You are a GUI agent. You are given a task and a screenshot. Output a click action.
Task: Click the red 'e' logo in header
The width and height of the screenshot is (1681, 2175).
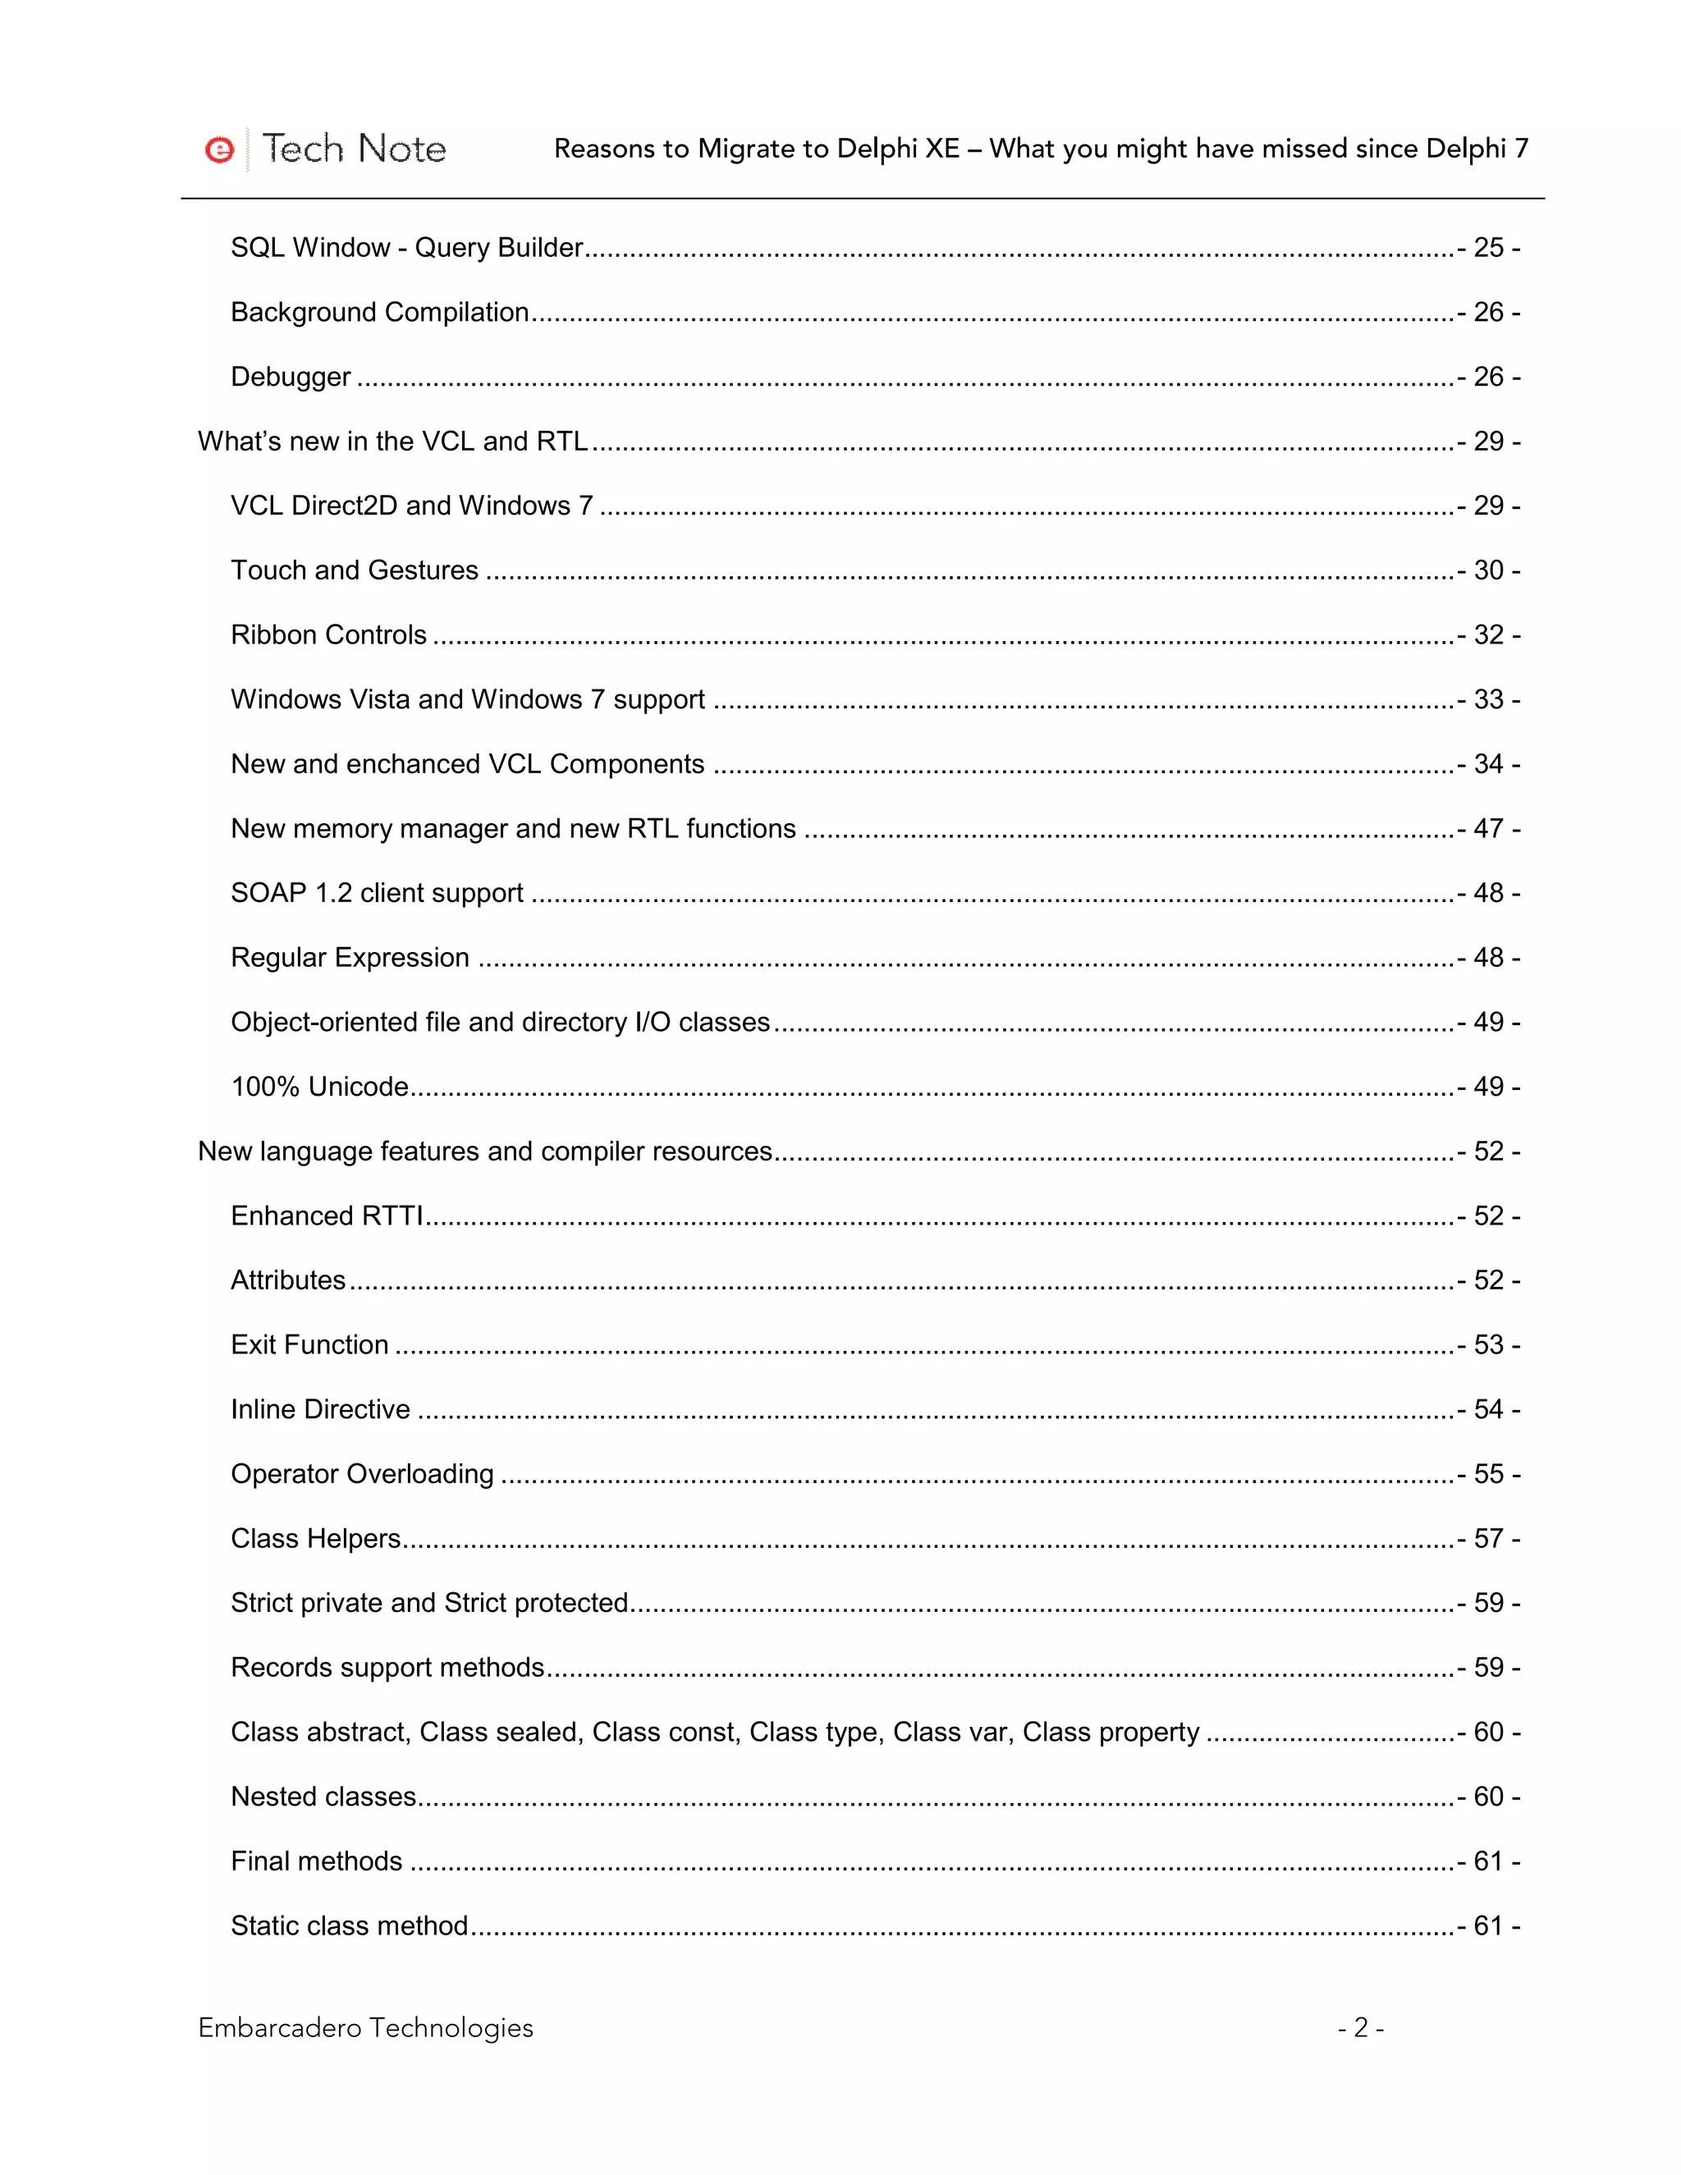coord(219,149)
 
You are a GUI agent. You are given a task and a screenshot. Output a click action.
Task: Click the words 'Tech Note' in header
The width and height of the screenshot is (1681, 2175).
coord(354,149)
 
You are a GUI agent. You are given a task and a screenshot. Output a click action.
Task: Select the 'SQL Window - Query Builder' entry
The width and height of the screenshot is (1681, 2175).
coord(406,247)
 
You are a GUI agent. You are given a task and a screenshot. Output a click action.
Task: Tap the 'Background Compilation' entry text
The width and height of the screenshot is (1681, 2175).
coord(379,312)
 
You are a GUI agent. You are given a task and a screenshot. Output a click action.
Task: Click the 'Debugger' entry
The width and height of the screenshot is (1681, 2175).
coord(290,377)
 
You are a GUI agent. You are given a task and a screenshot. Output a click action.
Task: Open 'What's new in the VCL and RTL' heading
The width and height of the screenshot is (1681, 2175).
coord(392,442)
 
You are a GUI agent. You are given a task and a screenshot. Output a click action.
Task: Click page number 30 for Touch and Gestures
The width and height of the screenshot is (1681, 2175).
coord(1488,570)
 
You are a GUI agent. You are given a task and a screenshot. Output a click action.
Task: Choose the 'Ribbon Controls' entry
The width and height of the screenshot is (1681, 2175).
coord(328,634)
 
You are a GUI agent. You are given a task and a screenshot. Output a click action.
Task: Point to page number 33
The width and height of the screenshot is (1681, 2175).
coord(1488,699)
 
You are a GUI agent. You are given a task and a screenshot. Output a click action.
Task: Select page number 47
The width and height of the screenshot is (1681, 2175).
coord(1488,829)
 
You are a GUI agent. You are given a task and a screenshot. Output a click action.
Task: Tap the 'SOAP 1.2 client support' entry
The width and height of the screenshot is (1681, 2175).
coord(377,892)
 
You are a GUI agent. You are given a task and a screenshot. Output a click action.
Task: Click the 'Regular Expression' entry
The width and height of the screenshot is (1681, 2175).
coord(350,957)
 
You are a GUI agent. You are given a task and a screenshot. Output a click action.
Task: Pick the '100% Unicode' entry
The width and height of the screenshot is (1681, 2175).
coord(319,1087)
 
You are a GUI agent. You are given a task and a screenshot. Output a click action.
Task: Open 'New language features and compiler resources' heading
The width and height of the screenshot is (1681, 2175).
coord(485,1152)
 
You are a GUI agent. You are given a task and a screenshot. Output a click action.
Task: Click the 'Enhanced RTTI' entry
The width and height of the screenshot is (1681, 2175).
coord(327,1216)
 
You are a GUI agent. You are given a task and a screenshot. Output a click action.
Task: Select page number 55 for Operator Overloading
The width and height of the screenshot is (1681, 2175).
coord(1488,1474)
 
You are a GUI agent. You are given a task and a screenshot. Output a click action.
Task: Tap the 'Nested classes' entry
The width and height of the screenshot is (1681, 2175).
coord(323,1797)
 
